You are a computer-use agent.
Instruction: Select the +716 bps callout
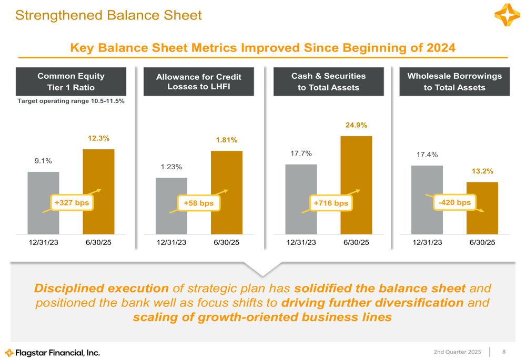(x=331, y=203)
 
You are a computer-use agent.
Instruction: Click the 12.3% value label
(x=98, y=139)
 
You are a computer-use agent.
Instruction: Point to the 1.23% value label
(x=171, y=167)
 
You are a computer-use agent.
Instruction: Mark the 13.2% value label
(x=482, y=171)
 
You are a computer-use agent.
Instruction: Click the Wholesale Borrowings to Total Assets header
(x=454, y=81)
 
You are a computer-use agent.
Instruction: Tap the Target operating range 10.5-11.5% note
(x=71, y=100)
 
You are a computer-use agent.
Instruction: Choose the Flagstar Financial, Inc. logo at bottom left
(x=53, y=352)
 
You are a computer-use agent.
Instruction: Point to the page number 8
(x=504, y=351)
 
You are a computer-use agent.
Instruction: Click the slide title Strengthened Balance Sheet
(x=108, y=15)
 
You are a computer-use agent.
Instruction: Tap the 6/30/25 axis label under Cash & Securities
(x=356, y=242)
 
